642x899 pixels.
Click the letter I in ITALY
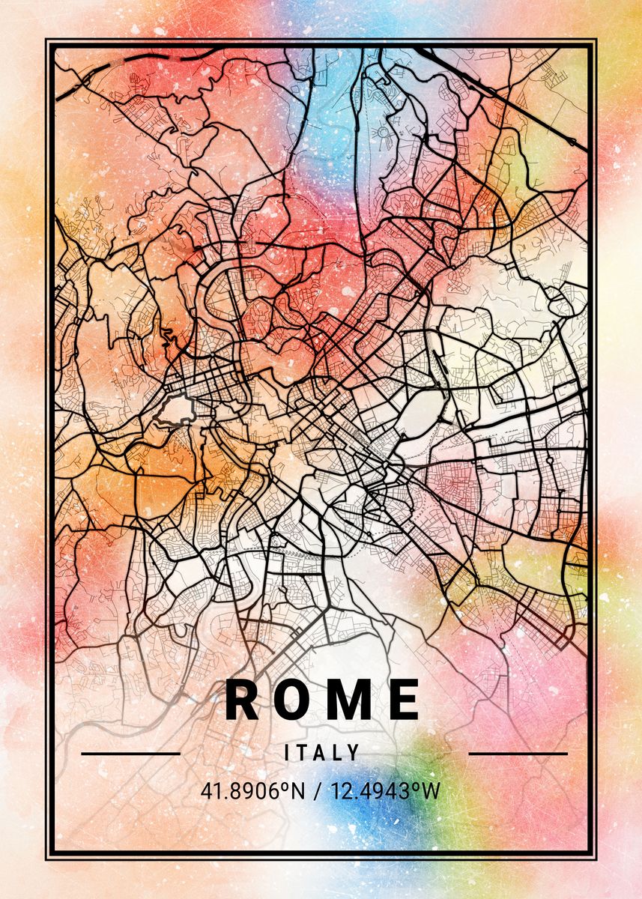(x=288, y=753)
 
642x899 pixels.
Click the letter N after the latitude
(x=299, y=790)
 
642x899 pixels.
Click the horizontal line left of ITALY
(x=130, y=753)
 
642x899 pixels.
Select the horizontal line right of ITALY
(x=518, y=753)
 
